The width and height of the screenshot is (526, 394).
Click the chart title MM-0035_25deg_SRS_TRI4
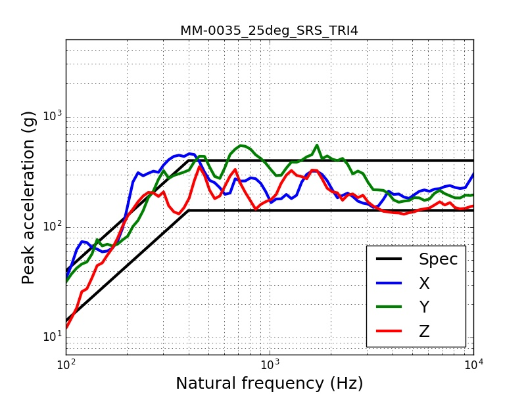pyautogui.click(x=270, y=30)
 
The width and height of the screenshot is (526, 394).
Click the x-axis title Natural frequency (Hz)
pyautogui.click(x=270, y=383)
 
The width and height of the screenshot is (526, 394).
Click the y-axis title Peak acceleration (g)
pyautogui.click(x=28, y=197)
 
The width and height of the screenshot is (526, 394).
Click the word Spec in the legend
pyautogui.click(x=438, y=259)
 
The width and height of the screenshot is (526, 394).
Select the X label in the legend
pyautogui.click(x=425, y=284)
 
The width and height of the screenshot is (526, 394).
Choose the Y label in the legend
pyautogui.click(x=425, y=308)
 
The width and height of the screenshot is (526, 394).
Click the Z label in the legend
pyautogui.click(x=425, y=332)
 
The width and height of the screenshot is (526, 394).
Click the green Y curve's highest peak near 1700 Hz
pyautogui.click(x=317, y=146)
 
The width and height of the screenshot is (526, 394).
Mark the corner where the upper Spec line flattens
pyautogui.click(x=189, y=160)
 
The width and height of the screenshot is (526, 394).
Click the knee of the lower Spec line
pyautogui.click(x=189, y=210)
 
